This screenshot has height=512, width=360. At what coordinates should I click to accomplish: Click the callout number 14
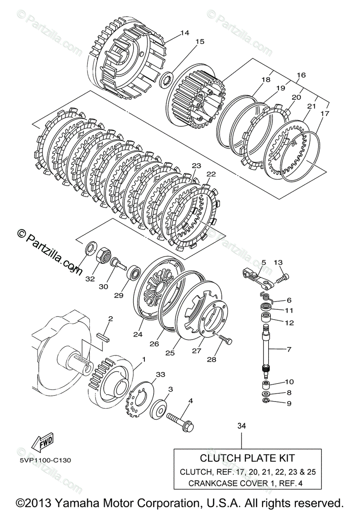(184, 33)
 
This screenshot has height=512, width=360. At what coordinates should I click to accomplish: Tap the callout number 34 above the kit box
(242, 425)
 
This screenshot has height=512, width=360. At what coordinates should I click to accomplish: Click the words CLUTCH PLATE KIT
(247, 458)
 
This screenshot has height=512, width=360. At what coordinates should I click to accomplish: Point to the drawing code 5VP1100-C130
(45, 460)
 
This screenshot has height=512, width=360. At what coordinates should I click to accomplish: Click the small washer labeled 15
(168, 80)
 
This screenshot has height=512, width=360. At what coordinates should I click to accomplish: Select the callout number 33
(160, 374)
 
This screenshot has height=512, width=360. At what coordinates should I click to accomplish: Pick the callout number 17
(325, 114)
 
